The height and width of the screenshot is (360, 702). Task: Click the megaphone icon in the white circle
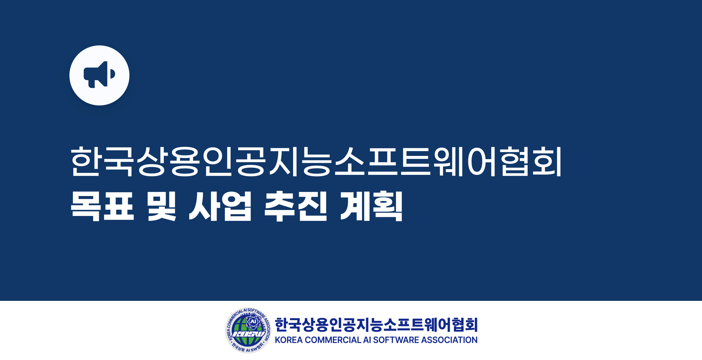coord(99,75)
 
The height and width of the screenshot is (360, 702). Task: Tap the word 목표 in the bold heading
coord(102,206)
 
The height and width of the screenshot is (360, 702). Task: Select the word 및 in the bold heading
coord(161,206)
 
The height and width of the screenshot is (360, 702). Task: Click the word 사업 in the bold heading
coord(220,206)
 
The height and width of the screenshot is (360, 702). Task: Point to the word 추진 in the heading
coord(295,206)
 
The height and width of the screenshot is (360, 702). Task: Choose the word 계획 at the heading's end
coord(371,206)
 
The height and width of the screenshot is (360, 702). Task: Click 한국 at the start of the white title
coord(102,161)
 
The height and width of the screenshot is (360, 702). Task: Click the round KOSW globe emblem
coord(248,330)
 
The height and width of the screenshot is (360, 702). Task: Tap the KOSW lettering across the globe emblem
coord(248,334)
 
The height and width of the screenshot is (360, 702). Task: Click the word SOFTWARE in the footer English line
coord(396,340)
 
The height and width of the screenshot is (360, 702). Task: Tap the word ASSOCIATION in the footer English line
coord(449,340)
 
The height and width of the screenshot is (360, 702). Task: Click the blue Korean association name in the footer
coord(376,325)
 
